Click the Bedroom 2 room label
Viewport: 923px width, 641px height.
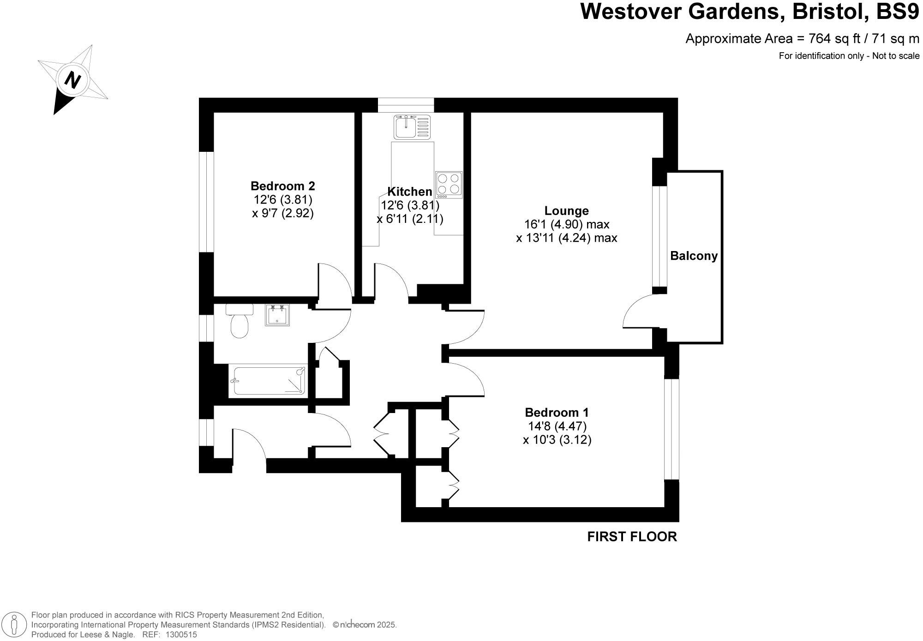(282, 186)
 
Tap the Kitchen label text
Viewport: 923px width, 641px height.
(409, 192)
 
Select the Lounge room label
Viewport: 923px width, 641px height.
(566, 211)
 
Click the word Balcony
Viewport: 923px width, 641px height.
(694, 256)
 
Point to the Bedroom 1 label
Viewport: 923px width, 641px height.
(557, 412)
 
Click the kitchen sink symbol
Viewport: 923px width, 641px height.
(412, 127)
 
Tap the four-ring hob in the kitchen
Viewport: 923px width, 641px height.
(449, 184)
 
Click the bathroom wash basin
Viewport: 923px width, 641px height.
(277, 315)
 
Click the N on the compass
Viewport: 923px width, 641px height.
(72, 80)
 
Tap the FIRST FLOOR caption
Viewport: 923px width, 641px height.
(632, 537)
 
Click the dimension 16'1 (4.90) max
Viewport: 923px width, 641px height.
(566, 225)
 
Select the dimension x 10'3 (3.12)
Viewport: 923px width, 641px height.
(557, 440)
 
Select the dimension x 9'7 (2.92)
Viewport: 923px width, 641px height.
(282, 214)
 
